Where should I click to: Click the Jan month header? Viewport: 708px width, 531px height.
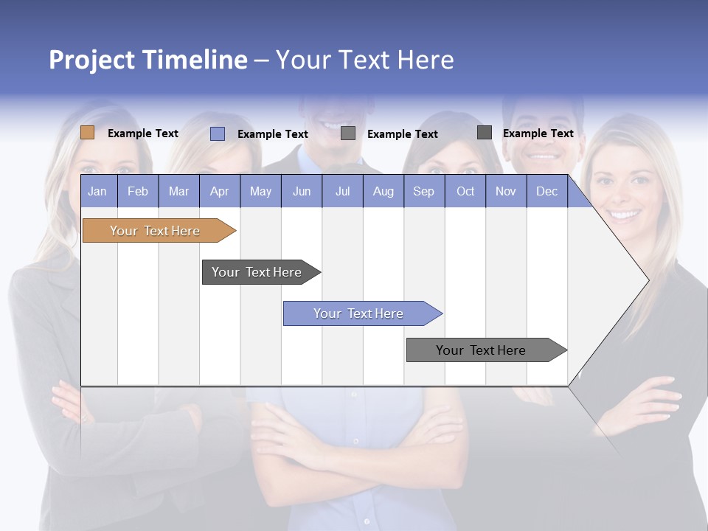click(97, 191)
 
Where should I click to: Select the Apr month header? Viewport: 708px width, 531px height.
click(219, 191)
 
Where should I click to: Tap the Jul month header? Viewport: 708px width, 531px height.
click(342, 191)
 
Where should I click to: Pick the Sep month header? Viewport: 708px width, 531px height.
click(423, 191)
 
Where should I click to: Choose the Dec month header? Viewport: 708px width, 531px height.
click(546, 191)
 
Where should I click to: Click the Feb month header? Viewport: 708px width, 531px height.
click(138, 191)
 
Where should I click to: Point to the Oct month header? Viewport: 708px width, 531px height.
click(465, 191)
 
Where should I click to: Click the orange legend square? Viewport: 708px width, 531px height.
click(87, 133)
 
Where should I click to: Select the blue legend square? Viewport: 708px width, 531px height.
click(218, 133)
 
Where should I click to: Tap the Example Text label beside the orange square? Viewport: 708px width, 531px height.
click(143, 133)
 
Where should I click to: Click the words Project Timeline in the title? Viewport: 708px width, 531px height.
click(147, 60)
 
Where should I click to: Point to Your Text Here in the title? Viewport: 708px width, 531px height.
click(365, 60)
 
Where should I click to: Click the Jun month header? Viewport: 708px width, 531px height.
click(302, 191)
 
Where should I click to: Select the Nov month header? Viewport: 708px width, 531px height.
click(506, 191)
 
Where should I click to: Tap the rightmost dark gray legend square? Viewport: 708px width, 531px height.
click(485, 133)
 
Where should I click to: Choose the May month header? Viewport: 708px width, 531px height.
click(260, 191)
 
